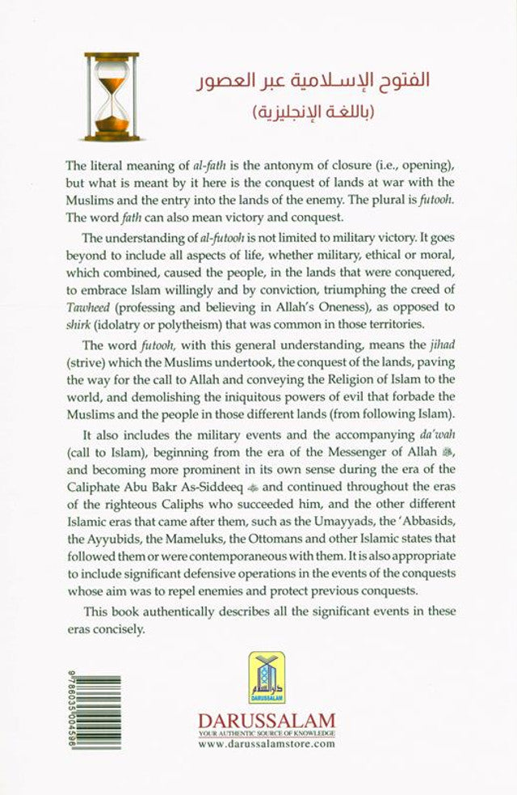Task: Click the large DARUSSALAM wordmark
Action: [x=266, y=719]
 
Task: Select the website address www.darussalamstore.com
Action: [x=266, y=743]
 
